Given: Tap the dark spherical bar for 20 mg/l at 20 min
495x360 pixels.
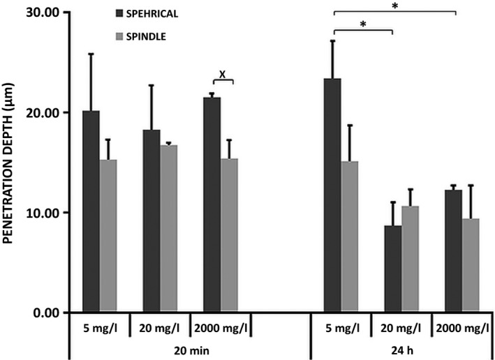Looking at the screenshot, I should pyautogui.click(x=152, y=220).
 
